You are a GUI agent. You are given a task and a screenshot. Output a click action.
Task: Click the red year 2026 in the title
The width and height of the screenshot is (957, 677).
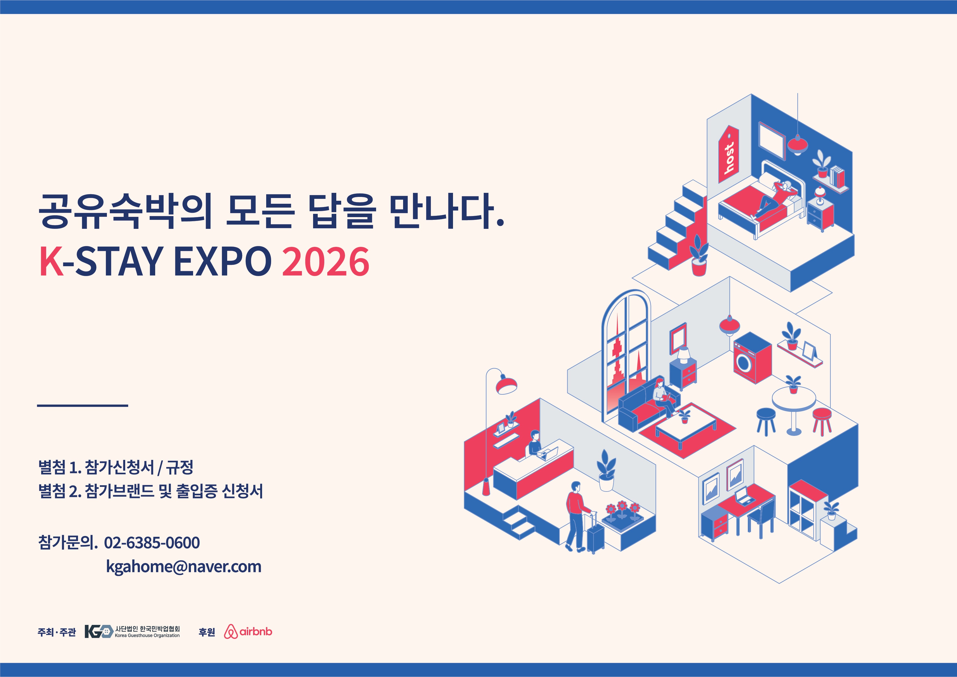(x=326, y=261)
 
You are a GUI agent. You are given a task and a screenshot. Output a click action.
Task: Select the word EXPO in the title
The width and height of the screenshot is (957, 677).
(x=222, y=261)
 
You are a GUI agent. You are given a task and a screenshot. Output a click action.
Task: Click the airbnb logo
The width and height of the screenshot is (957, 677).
(x=248, y=631)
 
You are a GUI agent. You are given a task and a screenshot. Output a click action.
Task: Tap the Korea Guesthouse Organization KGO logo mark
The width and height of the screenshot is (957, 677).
(x=99, y=631)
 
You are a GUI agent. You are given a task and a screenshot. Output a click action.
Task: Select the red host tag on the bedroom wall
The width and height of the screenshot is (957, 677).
(x=728, y=154)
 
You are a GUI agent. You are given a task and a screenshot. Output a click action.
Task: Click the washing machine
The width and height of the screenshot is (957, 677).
(x=752, y=358)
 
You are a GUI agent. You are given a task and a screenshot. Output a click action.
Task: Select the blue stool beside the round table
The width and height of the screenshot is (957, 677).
(x=766, y=421)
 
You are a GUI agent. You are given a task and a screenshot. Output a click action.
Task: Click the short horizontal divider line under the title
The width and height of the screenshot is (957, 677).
(x=83, y=405)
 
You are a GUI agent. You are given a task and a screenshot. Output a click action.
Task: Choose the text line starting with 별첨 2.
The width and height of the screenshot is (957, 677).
(x=151, y=491)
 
